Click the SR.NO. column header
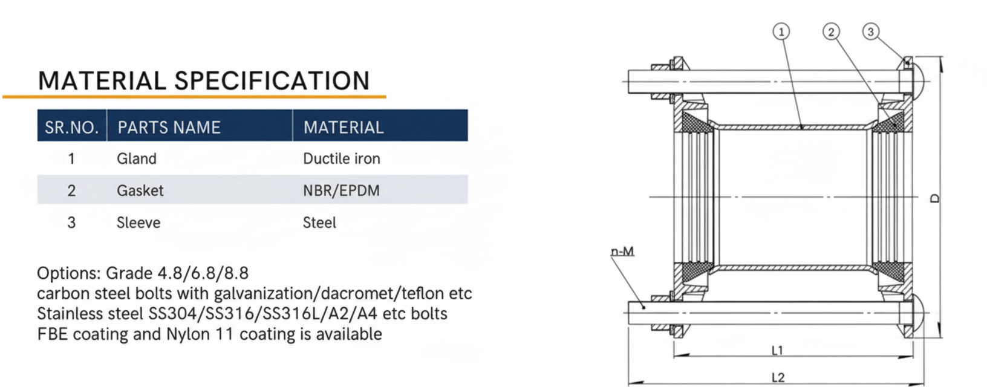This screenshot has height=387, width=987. (x=71, y=128)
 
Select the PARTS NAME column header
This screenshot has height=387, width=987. (x=169, y=128)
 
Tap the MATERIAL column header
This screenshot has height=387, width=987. (x=344, y=128)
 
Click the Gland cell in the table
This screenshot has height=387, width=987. (x=137, y=158)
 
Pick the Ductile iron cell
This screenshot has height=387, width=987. (x=342, y=158)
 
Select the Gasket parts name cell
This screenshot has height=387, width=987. (x=140, y=190)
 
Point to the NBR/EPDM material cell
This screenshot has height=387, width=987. (x=342, y=190)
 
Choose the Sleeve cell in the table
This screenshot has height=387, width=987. (x=138, y=223)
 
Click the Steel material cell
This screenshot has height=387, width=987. (x=319, y=223)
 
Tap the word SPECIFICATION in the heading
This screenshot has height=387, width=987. (x=272, y=80)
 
